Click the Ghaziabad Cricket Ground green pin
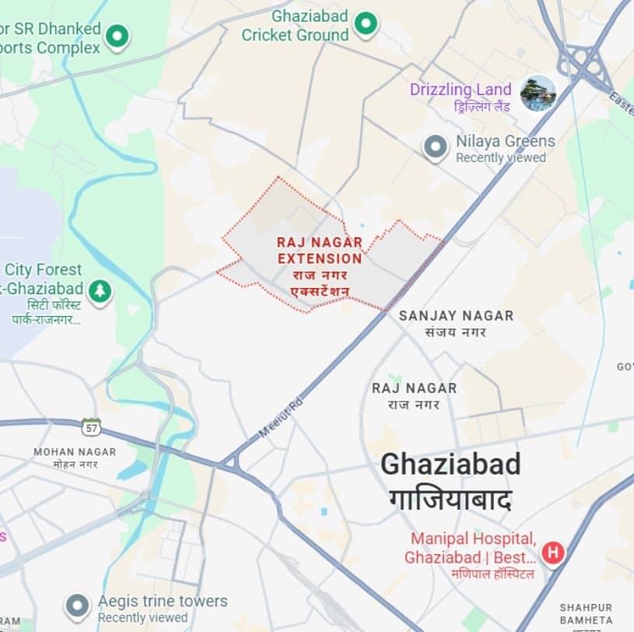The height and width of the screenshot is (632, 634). tap(366, 25)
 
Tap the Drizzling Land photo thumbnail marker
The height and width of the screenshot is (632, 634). tap(538, 92)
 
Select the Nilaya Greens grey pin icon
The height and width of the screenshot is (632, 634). tap(436, 146)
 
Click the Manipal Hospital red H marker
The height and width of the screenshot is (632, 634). tap(553, 553)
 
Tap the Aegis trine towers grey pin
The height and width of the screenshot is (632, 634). tap(77, 606)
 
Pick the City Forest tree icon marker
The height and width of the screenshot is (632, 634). tap(100, 291)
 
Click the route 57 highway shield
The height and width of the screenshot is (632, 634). tap(91, 427)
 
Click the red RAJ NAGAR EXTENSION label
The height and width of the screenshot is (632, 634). tap(320, 251)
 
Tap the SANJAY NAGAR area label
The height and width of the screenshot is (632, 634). tap(456, 316)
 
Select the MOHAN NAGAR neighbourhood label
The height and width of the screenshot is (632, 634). tap(75, 452)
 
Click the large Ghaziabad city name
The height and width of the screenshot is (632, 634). tap(450, 465)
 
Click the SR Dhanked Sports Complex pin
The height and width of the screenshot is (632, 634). tap(117, 35)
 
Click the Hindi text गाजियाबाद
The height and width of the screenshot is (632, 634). tap(450, 499)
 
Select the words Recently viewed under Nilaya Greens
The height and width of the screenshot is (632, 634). tap(500, 158)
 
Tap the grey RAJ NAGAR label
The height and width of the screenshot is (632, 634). tap(414, 388)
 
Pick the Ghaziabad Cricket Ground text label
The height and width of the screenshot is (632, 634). tap(296, 25)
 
